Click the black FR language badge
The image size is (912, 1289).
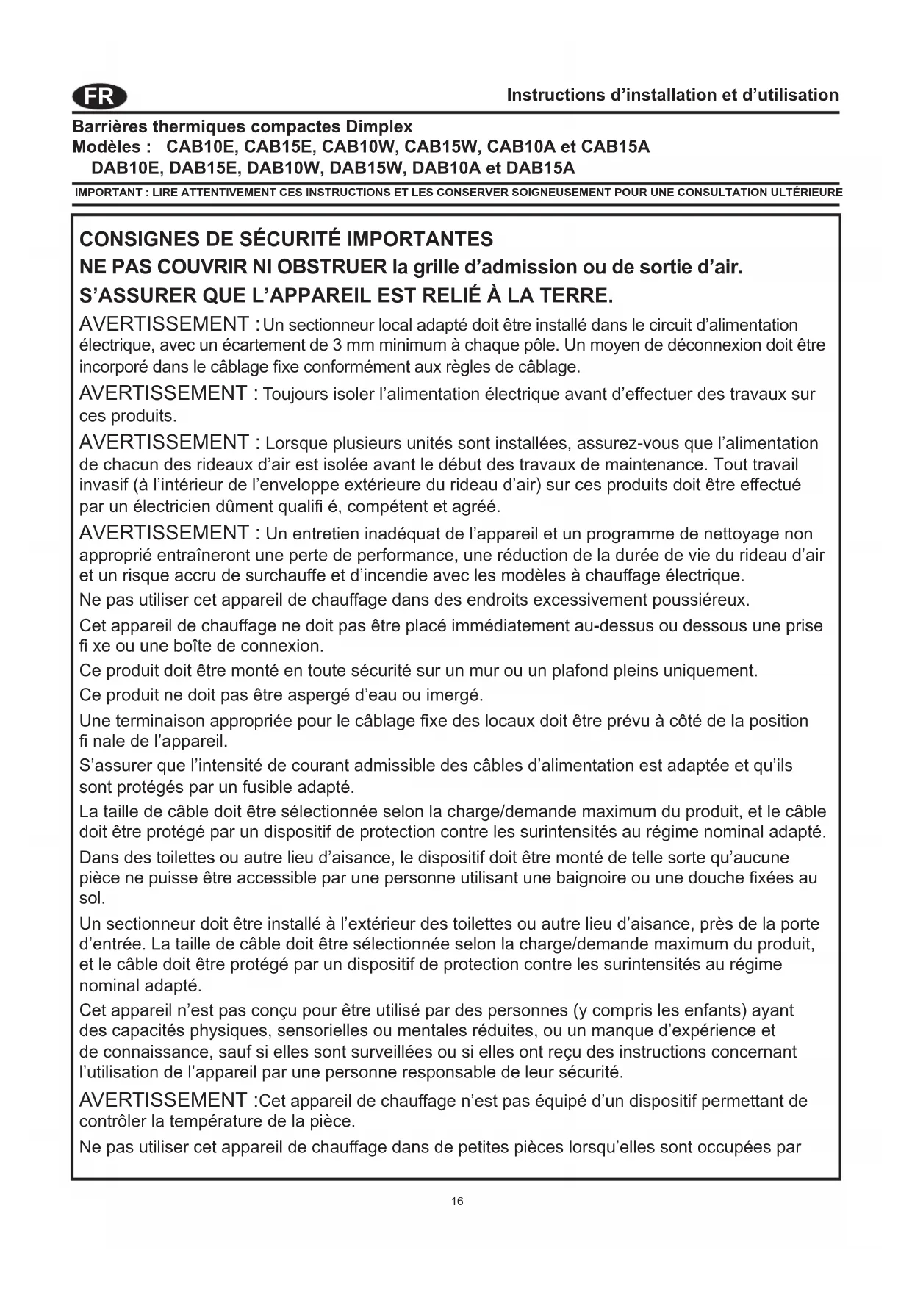(100, 96)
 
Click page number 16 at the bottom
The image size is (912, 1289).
(457, 1202)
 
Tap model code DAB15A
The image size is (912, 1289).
(540, 168)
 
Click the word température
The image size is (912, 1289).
(220, 1122)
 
